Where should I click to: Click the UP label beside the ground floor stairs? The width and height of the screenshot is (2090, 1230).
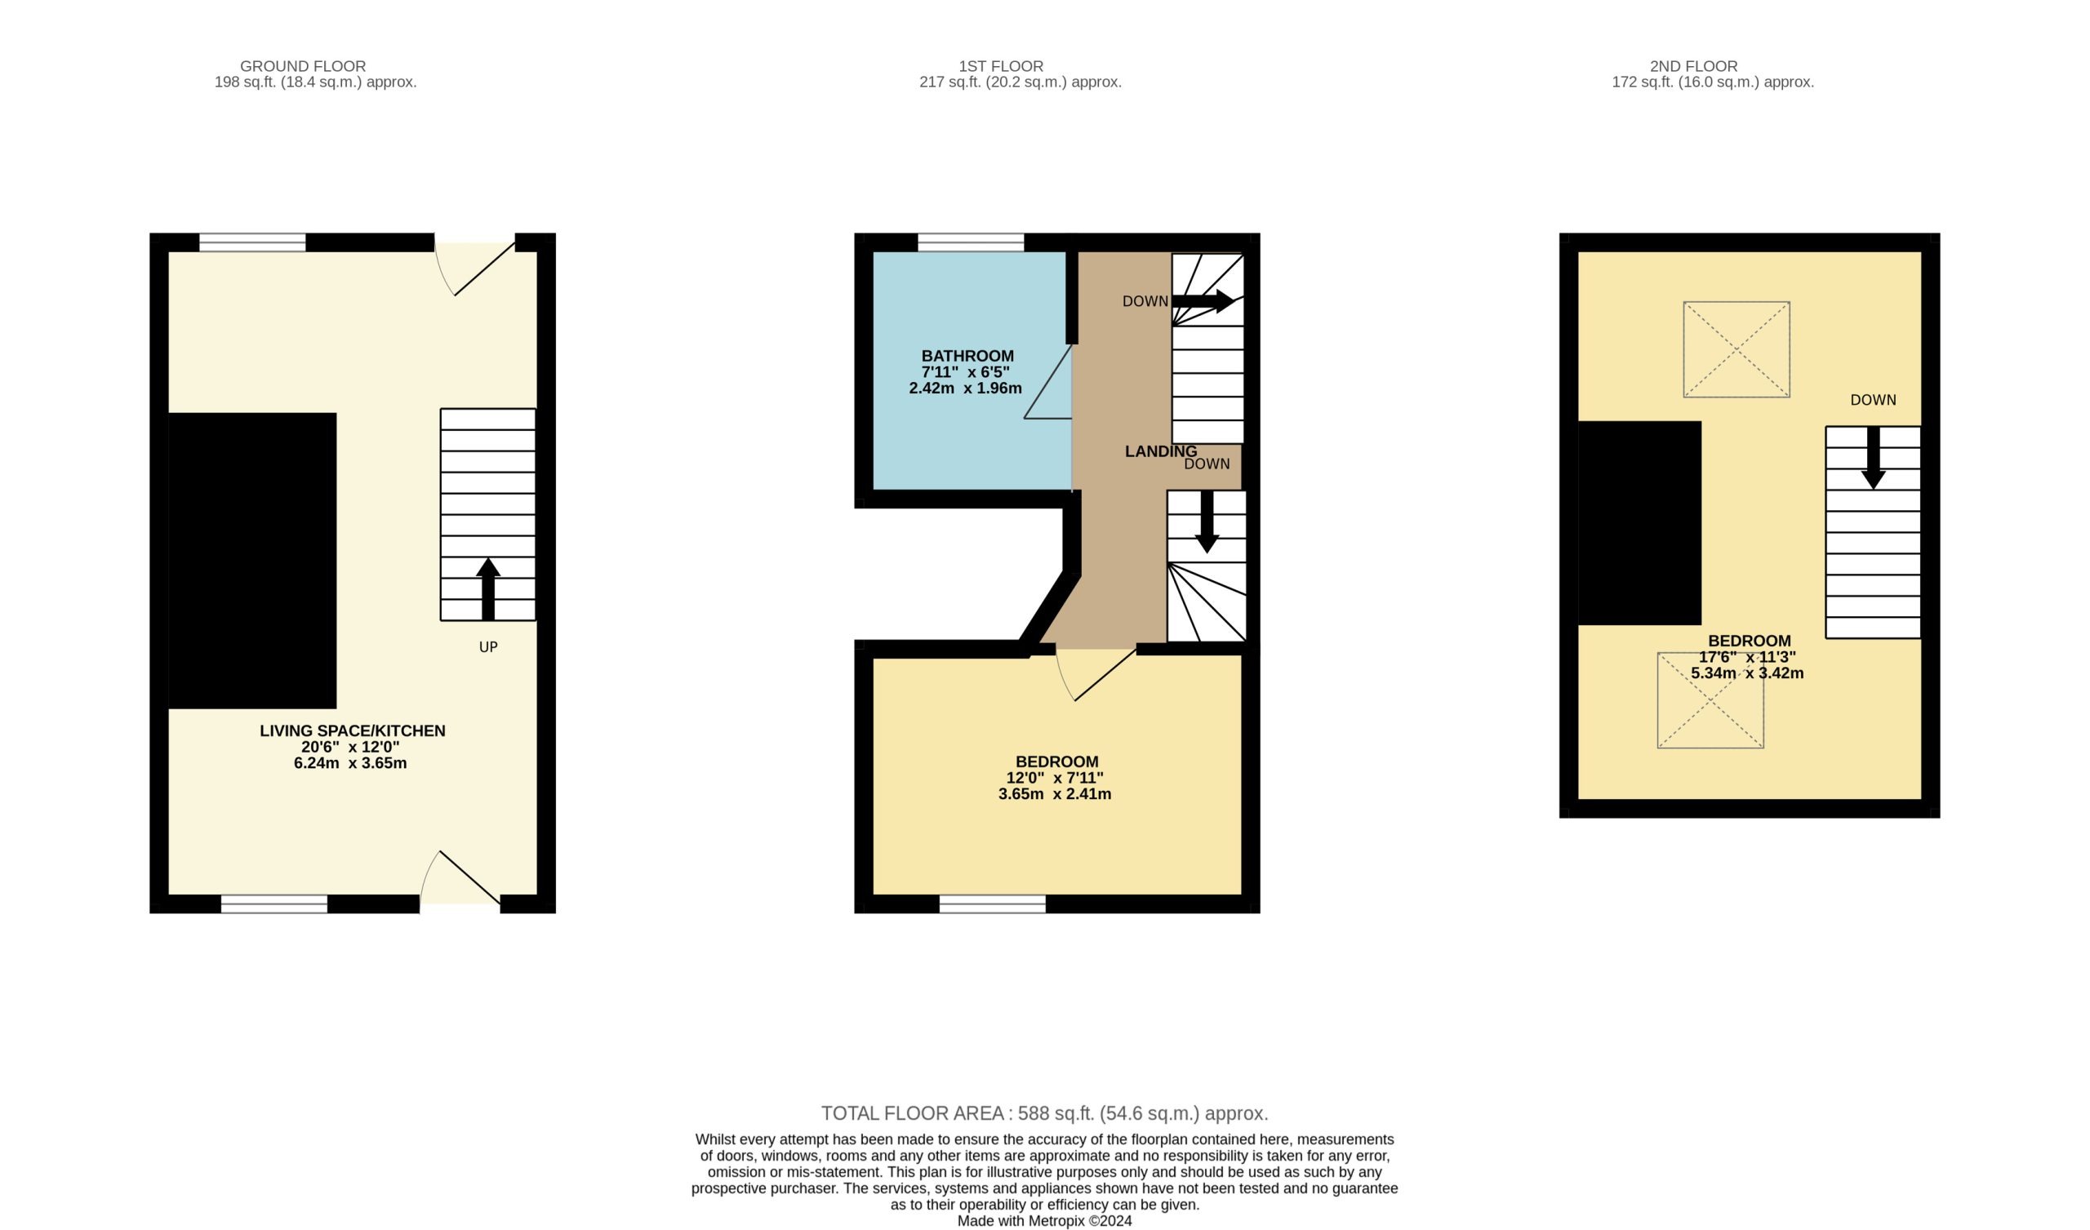[x=487, y=647]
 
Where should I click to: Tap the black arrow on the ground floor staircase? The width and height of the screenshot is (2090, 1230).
[x=487, y=588]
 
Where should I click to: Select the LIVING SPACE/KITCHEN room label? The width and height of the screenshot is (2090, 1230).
[x=353, y=730]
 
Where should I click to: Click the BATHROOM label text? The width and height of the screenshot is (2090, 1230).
[x=967, y=356]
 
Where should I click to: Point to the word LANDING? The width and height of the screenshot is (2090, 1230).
[x=1160, y=451]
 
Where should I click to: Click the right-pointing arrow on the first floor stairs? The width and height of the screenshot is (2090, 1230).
[x=1203, y=301]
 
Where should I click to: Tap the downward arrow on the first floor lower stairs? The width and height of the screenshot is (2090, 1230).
[x=1207, y=522]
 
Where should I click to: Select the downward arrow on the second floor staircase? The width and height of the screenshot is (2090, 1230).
[x=1873, y=458]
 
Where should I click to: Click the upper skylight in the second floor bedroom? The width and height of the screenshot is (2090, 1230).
[x=1736, y=349]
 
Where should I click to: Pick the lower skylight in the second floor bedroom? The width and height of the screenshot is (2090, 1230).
[x=1710, y=701]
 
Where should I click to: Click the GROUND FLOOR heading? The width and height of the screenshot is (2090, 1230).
[x=303, y=66]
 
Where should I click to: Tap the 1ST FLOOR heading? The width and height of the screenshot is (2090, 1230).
[x=1001, y=66]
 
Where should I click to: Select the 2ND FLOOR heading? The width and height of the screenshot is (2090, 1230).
[x=1693, y=66]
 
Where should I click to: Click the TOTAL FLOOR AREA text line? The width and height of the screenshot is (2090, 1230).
[x=1045, y=1113]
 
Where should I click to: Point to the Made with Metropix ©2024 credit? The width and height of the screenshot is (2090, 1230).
[x=1044, y=1221]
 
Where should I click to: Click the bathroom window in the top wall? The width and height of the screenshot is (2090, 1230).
[x=971, y=242]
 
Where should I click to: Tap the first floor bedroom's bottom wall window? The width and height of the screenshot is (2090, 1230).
[x=992, y=904]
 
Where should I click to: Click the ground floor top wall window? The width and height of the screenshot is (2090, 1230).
[x=252, y=242]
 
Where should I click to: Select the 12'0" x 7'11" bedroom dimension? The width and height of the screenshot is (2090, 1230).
[x=1055, y=778]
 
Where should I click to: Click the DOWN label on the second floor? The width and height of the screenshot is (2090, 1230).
[x=1873, y=400]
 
